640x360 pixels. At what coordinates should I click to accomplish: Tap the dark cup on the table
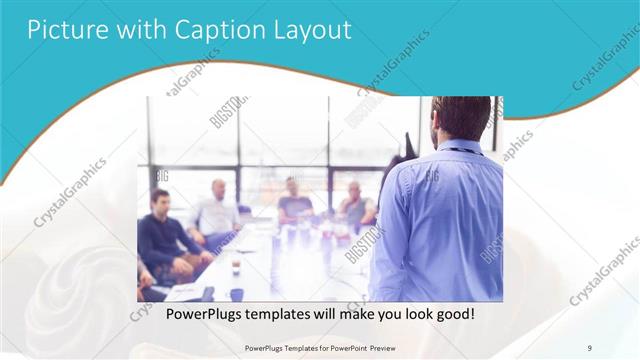tap(236, 267)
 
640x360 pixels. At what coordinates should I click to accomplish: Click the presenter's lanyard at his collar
tap(459, 151)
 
